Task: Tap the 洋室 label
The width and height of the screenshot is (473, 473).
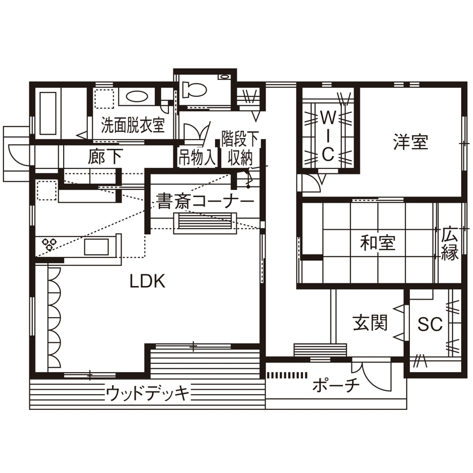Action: tap(410, 141)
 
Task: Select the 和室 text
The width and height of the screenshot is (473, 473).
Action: tap(378, 243)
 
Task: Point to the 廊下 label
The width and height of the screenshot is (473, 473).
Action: tap(105, 157)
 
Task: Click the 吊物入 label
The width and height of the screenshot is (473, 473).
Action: tap(197, 158)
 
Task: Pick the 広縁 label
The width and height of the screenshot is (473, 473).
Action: tap(450, 243)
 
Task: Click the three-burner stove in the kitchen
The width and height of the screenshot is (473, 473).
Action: tap(48, 244)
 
